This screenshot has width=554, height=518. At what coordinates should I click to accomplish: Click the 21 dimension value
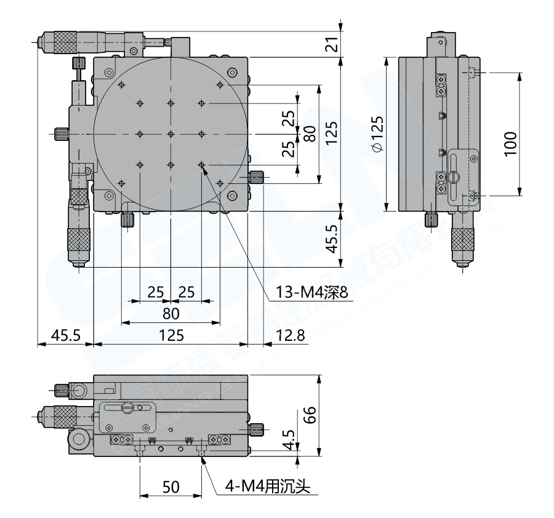tap(331, 44)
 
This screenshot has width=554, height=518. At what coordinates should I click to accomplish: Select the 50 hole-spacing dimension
tap(171, 487)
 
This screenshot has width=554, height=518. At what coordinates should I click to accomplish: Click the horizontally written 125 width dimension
tap(171, 335)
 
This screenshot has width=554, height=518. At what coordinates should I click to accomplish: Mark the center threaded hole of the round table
tap(171, 133)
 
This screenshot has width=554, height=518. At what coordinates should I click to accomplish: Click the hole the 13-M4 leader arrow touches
tap(201, 165)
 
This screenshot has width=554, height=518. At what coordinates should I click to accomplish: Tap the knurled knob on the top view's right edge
tap(257, 178)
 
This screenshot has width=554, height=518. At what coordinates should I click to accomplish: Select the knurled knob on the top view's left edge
tap(61, 133)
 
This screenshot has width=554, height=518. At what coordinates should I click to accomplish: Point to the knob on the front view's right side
tap(258, 428)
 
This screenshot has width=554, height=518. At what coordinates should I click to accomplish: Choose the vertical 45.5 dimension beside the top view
tap(331, 239)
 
